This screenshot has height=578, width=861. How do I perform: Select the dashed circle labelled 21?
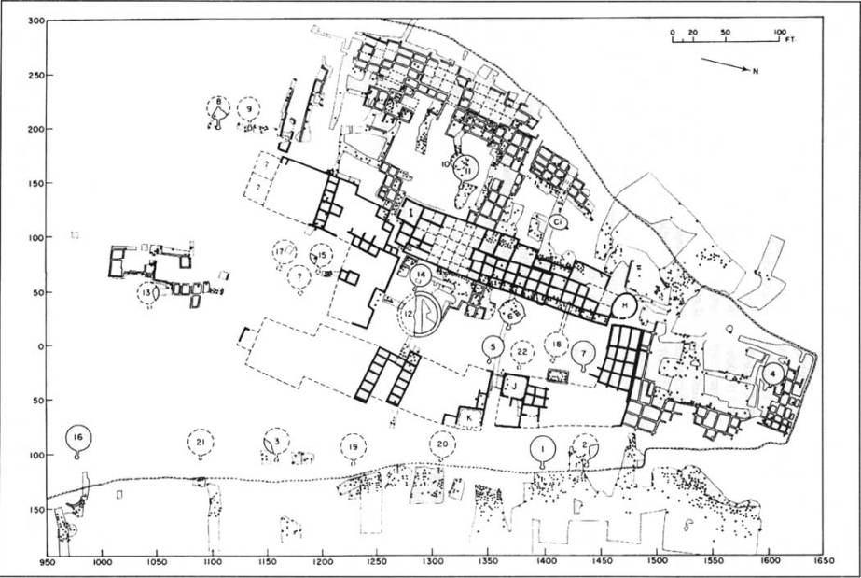point(201,442)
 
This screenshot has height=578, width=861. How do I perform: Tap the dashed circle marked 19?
point(353,447)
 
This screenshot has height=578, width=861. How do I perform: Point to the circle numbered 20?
point(442,444)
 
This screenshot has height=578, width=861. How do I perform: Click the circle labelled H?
point(625,305)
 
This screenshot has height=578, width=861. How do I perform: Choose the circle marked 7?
point(584,354)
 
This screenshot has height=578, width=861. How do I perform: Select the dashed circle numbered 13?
point(148,292)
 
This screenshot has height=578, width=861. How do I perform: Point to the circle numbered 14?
point(421,275)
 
